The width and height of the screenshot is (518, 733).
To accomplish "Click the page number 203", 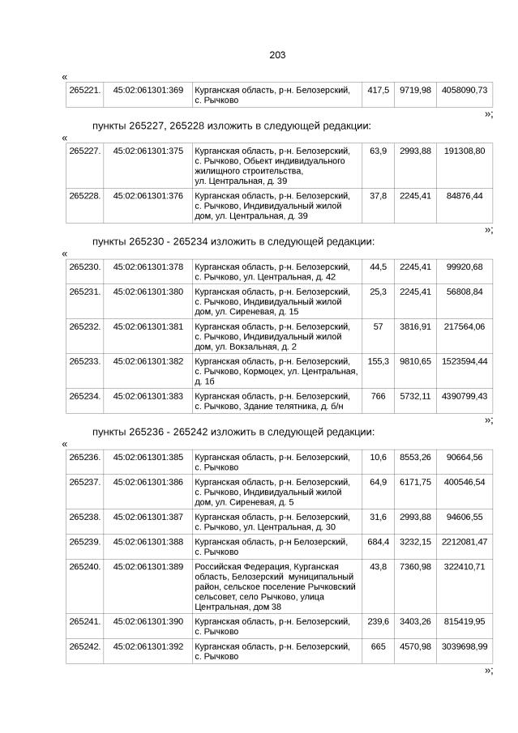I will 277,55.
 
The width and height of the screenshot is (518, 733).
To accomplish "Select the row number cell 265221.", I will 85,89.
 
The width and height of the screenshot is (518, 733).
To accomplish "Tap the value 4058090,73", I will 464,89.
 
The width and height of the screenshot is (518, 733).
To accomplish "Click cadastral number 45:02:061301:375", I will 148,151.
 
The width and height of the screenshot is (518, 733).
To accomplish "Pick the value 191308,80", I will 464,151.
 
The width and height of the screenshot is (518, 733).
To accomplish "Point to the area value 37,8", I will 378,196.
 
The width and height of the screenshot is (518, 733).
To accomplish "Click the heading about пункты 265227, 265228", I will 232,126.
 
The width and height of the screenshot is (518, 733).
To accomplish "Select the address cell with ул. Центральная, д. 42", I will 276,271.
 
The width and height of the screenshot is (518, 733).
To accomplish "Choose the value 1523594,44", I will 464,361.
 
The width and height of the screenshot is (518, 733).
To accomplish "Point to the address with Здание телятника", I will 276,401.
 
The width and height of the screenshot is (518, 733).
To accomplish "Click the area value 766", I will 378,396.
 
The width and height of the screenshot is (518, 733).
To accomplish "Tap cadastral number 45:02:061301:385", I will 148,458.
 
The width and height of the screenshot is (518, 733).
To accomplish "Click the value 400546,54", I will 464,482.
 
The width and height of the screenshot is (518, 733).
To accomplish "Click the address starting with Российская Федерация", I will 276,586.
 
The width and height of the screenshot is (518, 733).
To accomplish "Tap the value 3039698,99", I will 464,647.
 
